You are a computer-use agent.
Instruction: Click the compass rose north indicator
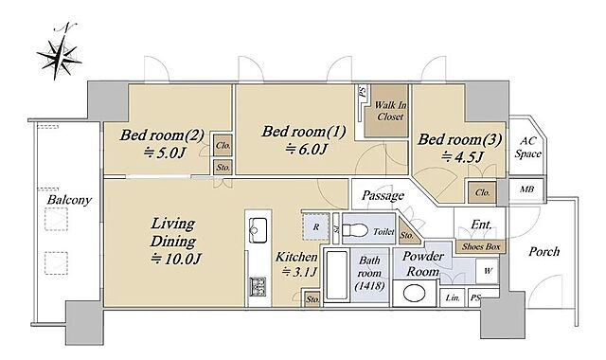click(x=59, y=52)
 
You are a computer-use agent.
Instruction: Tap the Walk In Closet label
click(x=390, y=111)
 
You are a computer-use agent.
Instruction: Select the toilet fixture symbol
click(x=355, y=231)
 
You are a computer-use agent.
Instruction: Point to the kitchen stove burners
click(x=258, y=287)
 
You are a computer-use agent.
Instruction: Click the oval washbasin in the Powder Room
click(x=414, y=294)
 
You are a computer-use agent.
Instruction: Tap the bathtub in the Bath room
click(x=337, y=275)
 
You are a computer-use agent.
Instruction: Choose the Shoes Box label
click(x=481, y=246)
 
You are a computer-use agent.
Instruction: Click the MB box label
click(x=526, y=189)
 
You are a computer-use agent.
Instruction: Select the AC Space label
click(x=528, y=148)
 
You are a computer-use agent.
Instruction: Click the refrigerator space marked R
click(x=315, y=227)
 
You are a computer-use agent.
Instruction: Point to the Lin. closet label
click(x=453, y=298)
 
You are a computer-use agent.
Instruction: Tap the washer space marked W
click(x=488, y=271)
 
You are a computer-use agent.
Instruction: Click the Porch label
click(x=544, y=252)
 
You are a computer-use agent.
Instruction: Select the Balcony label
click(x=69, y=200)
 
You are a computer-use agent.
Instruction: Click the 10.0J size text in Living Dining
click(x=176, y=259)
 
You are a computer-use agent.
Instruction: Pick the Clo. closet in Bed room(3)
click(x=482, y=192)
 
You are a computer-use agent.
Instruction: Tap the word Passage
click(x=383, y=196)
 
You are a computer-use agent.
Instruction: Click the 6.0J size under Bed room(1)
click(x=306, y=149)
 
